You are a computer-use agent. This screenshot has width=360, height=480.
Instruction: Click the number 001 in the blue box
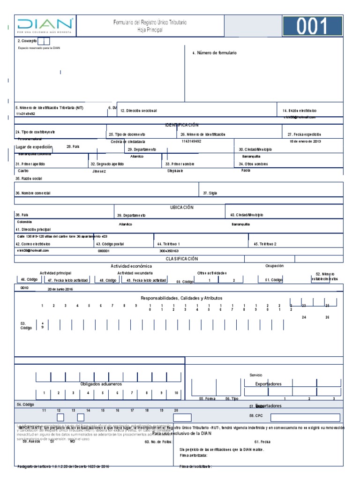[312, 27]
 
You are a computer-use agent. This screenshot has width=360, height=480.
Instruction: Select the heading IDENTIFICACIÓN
[181, 125]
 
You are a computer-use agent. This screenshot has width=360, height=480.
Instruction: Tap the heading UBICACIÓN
[181, 207]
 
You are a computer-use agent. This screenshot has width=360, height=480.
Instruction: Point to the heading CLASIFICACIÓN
[182, 259]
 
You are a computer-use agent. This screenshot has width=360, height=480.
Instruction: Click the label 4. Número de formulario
[215, 53]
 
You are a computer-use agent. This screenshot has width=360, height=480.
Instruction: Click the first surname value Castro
[23, 171]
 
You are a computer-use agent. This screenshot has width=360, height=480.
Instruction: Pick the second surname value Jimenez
[99, 171]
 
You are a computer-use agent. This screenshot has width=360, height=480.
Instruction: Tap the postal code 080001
[104, 251]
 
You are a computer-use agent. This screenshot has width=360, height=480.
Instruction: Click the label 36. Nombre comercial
[33, 193]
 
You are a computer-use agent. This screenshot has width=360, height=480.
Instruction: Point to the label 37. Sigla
[210, 193]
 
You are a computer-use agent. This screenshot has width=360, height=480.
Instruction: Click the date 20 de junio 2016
[60, 289]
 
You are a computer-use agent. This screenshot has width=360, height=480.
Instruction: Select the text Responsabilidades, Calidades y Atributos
[181, 298]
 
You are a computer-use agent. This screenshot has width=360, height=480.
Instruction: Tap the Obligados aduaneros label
[101, 384]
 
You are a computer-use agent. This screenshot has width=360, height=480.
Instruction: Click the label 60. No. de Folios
[159, 442]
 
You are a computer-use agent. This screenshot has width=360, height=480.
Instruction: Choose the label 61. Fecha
[262, 442]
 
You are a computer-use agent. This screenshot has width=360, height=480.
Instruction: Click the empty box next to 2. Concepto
[44, 41]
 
